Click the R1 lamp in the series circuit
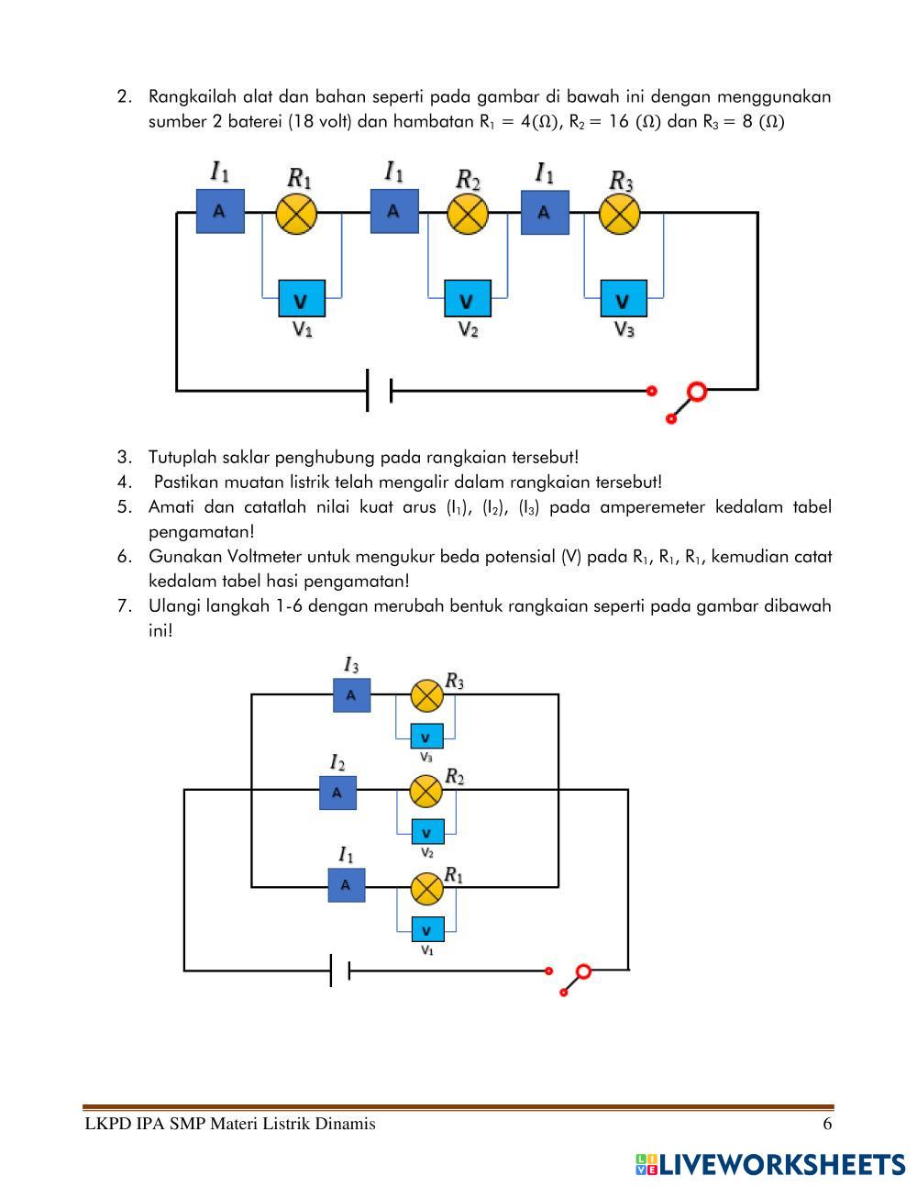coord(297,214)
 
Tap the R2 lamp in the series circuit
coord(468,214)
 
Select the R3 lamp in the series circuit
coord(619,214)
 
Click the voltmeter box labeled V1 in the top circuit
coord(301,299)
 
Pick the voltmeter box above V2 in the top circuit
coord(468,299)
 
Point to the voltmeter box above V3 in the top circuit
coord(624,299)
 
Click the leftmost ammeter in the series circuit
coord(220,211)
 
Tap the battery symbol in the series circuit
coord(379,391)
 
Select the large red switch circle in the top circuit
coord(697,393)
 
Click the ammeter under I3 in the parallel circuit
coord(351,695)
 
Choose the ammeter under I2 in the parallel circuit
coord(337,792)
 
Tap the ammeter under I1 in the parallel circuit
coord(346,885)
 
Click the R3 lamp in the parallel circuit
coord(425,695)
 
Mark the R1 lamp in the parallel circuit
coord(425,887)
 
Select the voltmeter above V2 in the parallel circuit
coord(426,832)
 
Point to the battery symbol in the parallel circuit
coord(340,970)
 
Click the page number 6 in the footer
coord(827,1125)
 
